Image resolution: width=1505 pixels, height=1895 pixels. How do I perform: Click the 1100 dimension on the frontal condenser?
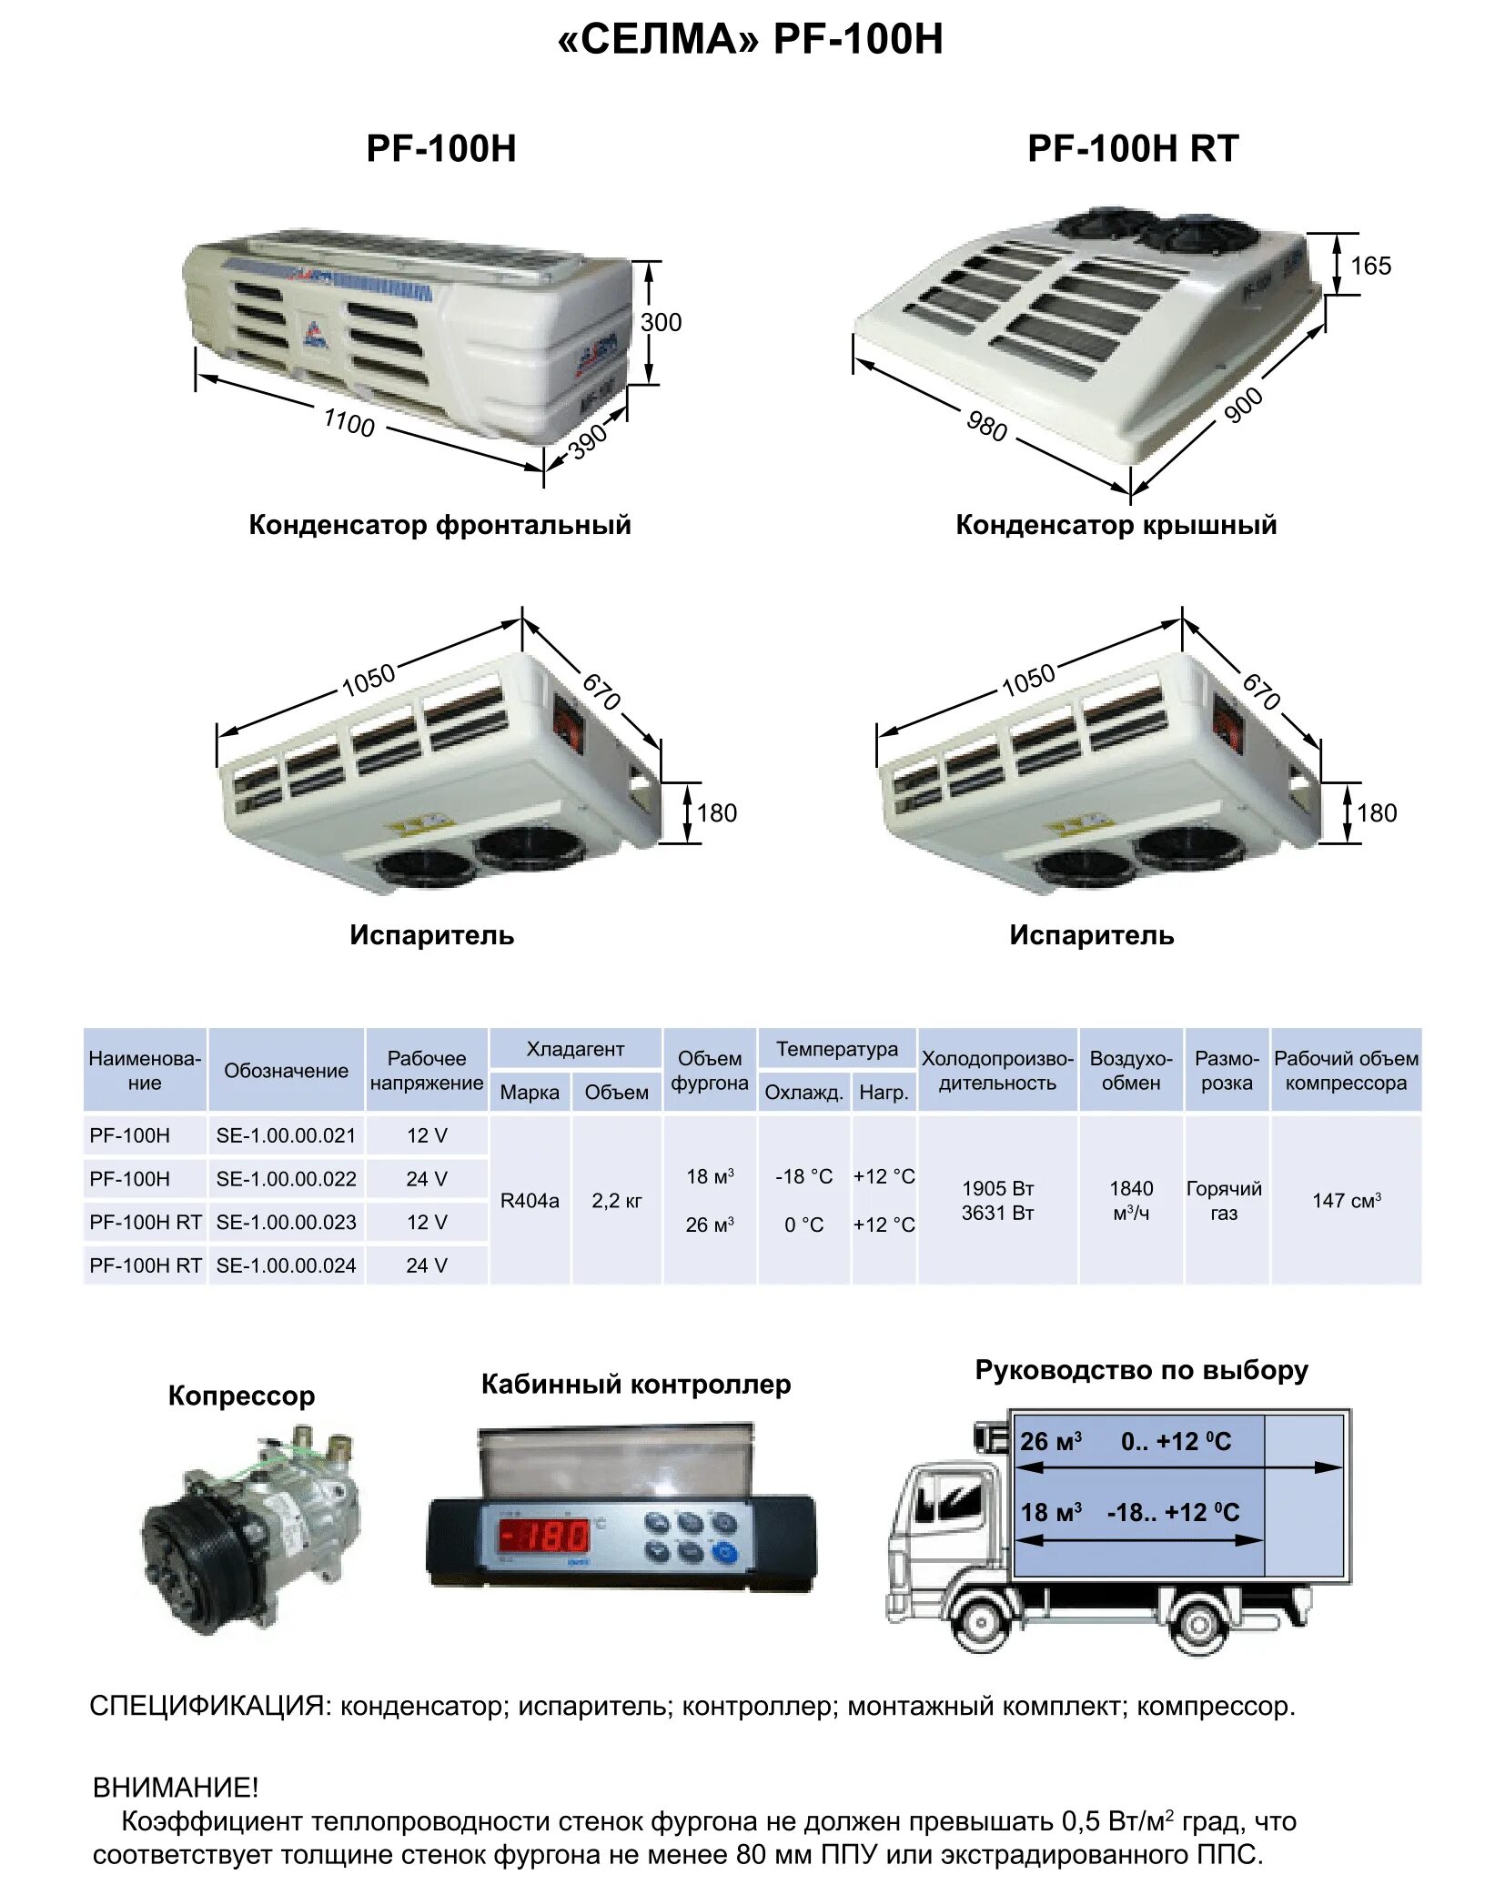point(349,422)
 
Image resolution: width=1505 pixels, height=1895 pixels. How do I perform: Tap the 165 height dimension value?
point(1369,266)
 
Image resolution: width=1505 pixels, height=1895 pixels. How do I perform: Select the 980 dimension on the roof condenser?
point(986,425)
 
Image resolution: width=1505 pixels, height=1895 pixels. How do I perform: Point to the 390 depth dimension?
point(588,440)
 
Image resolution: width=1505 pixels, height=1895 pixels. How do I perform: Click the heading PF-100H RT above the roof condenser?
point(1133,148)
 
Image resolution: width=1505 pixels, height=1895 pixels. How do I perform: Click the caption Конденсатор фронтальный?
point(439,525)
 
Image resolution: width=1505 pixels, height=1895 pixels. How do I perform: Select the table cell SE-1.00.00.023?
point(286,1222)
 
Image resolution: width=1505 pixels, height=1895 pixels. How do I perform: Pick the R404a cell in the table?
point(530,1201)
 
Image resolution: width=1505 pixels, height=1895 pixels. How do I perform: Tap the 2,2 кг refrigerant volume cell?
point(616,1201)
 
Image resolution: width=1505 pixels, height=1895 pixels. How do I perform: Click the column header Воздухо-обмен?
point(1131,1070)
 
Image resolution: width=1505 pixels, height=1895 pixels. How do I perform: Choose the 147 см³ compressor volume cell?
point(1346,1201)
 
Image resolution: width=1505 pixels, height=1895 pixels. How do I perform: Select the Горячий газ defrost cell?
point(1224,1201)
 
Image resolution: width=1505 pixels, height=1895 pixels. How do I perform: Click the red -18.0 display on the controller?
point(544,1537)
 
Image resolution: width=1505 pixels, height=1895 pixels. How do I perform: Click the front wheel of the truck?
point(982,1621)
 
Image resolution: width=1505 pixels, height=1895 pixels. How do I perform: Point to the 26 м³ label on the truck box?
point(1050,1442)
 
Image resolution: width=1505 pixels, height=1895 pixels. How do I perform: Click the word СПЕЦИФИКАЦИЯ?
point(207,1706)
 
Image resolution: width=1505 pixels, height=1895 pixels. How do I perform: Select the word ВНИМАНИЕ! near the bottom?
point(176,1788)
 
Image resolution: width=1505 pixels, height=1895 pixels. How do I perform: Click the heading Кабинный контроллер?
point(635,1385)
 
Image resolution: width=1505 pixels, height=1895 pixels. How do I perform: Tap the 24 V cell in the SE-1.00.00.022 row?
point(427,1179)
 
